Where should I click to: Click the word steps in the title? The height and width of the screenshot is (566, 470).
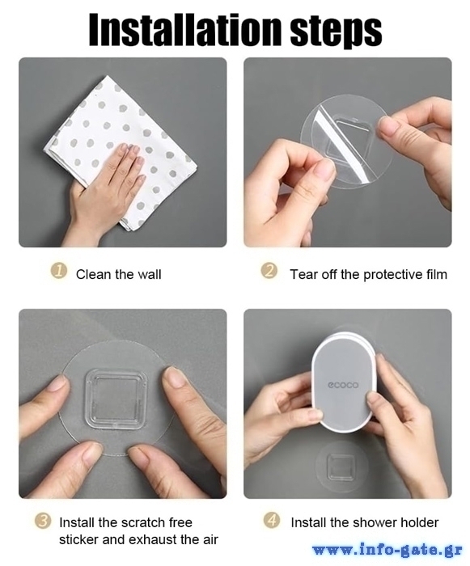pyautogui.click(x=336, y=31)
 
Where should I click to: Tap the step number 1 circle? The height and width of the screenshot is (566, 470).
pyautogui.click(x=58, y=272)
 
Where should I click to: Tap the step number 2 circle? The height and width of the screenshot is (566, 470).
pyautogui.click(x=269, y=271)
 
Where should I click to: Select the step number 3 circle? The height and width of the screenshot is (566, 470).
pyautogui.click(x=43, y=521)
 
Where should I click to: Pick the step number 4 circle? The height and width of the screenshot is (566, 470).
pyautogui.click(x=271, y=521)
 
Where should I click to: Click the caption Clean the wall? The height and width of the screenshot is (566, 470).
pyautogui.click(x=118, y=274)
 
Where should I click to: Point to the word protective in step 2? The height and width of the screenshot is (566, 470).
pyautogui.click(x=392, y=275)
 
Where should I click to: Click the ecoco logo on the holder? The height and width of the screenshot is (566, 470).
pyautogui.click(x=343, y=385)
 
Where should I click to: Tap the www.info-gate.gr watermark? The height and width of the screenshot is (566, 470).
pyautogui.click(x=387, y=550)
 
